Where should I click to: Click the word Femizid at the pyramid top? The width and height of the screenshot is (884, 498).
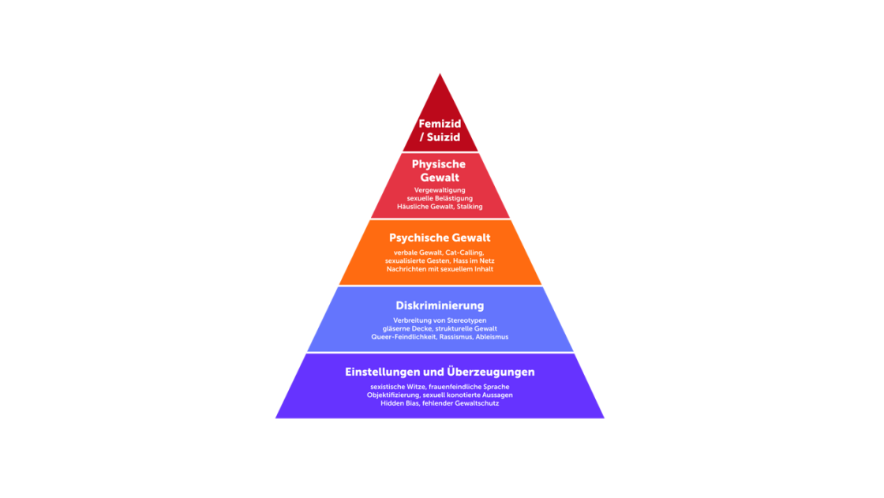coord(440,124)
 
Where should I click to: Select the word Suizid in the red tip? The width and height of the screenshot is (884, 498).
coord(444,137)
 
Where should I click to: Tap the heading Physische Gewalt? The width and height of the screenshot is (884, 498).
coord(439,170)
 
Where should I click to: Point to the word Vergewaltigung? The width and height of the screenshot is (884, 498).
coord(440,190)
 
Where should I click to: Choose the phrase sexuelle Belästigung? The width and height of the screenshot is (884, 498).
coord(440,198)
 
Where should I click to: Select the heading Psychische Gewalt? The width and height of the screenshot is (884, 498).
coord(440,238)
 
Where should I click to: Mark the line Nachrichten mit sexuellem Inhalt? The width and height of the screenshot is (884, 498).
coord(440,269)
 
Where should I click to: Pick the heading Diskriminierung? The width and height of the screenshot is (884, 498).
coord(440,305)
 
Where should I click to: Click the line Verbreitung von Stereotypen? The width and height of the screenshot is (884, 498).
coord(440,320)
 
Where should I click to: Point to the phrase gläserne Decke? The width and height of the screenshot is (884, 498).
coord(406,328)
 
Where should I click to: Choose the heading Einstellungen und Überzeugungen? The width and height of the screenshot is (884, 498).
coord(440,372)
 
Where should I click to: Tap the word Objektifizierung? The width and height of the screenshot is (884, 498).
coord(393,395)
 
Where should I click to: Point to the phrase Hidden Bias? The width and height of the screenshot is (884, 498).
coord(400,403)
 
